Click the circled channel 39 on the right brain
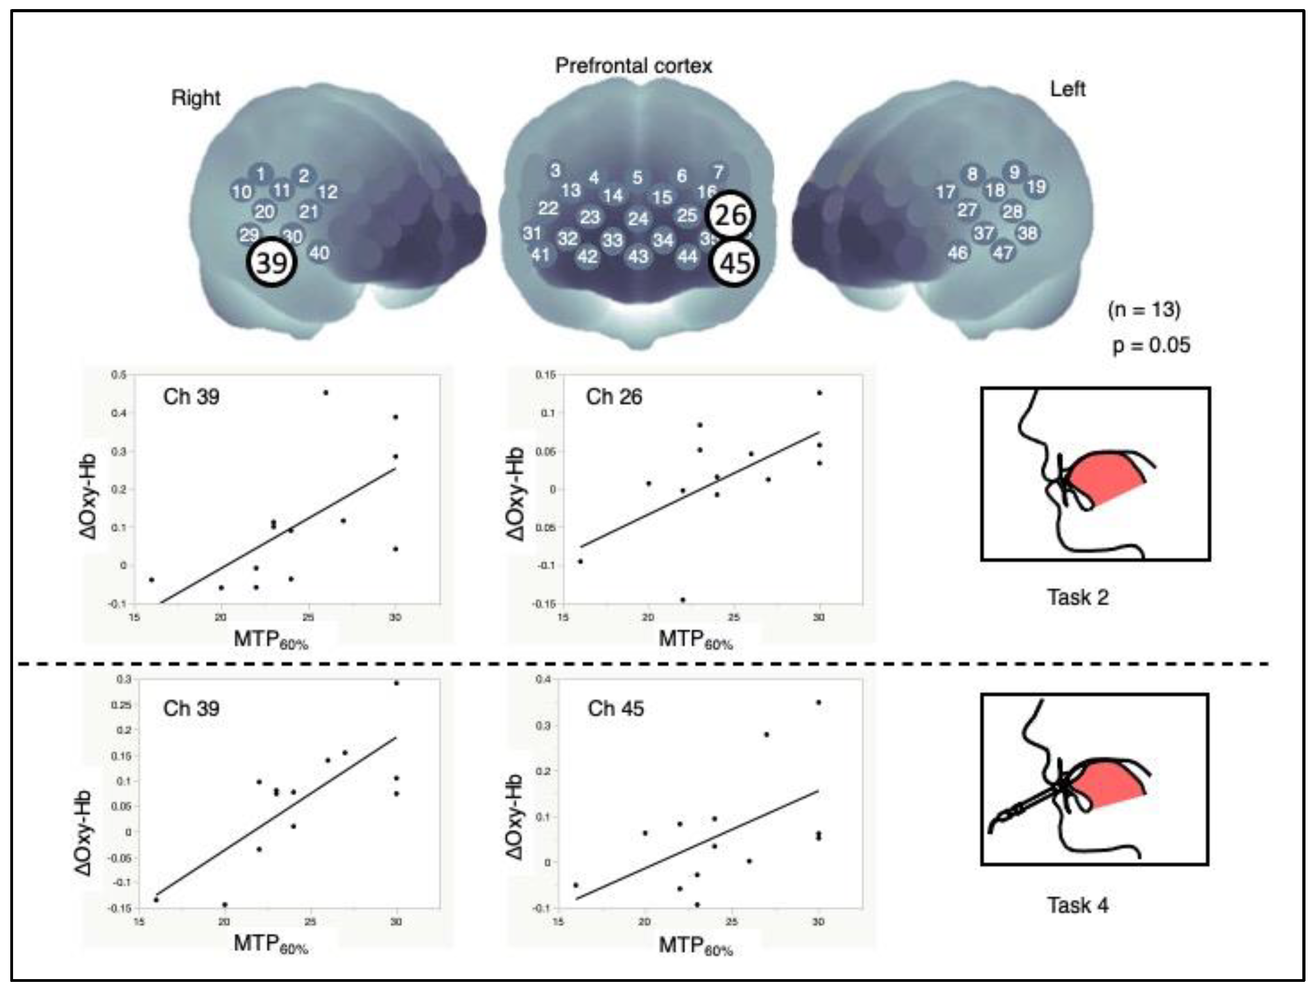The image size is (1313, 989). (272, 263)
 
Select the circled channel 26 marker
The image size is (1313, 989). (730, 215)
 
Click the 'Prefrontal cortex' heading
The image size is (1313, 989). (633, 66)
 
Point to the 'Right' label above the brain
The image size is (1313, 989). (195, 98)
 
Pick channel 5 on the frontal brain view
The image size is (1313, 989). (637, 177)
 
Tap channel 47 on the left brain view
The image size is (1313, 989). (1003, 253)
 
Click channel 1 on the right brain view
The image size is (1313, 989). (261, 174)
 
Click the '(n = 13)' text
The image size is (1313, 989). (1144, 309)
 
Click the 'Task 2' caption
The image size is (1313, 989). (1077, 597)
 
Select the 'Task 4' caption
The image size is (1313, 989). (1077, 905)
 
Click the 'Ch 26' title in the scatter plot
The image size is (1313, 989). (614, 397)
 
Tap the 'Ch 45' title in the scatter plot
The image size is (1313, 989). (615, 708)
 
